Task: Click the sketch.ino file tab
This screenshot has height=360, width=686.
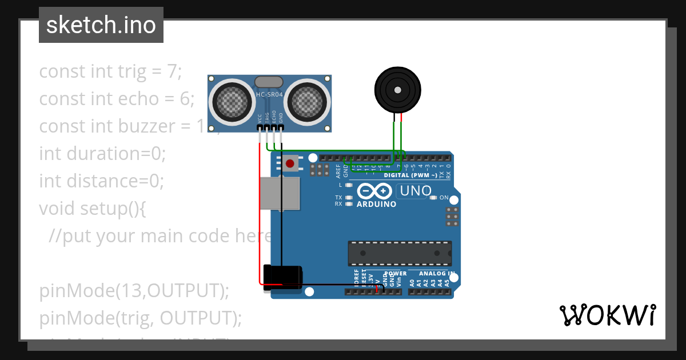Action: tap(101, 25)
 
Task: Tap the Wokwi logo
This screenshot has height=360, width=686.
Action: tap(607, 315)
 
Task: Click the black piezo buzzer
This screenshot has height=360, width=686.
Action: tap(396, 89)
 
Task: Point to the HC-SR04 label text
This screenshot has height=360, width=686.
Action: tap(269, 94)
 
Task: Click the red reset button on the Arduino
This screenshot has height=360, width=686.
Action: tap(290, 164)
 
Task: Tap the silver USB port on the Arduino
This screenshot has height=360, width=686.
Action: tap(280, 193)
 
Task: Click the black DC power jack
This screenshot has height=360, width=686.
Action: tap(282, 278)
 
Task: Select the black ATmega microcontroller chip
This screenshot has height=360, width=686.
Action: tap(400, 253)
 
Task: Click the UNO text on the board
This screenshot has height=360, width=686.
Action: tap(416, 191)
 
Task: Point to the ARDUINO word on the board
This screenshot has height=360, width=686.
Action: tap(376, 204)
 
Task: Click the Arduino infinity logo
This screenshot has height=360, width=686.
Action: tap(376, 191)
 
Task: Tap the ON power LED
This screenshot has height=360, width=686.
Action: tap(434, 198)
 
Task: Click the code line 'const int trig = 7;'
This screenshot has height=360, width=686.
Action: tap(110, 71)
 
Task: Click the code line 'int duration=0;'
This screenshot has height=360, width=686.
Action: tap(102, 154)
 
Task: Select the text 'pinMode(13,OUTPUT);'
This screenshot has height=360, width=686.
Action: tap(134, 291)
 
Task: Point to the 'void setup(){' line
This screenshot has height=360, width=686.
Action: tap(93, 209)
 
